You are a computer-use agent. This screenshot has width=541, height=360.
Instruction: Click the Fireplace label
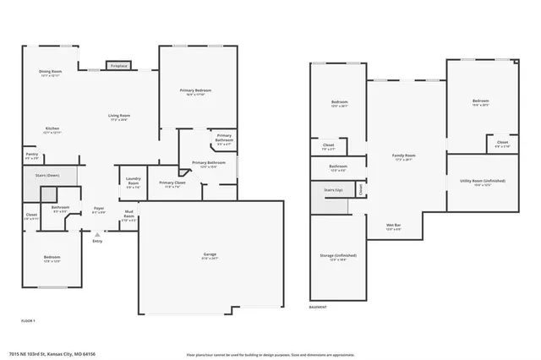pos(118,66)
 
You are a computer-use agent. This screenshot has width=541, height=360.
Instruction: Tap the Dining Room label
pos(51,72)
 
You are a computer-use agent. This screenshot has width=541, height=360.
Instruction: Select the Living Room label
pos(118,116)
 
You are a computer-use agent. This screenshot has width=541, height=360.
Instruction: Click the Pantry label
pos(30,155)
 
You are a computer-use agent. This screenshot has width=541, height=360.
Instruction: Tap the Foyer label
pos(99,208)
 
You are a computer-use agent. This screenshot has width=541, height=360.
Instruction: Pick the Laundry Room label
pos(133,179)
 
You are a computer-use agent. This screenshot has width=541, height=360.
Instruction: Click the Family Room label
pos(404,155)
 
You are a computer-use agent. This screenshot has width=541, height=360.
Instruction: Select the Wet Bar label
pos(393,225)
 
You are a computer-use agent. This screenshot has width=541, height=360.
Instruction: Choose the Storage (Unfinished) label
pos(338,255)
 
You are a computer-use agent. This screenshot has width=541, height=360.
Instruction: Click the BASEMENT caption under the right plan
pos(318,306)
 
